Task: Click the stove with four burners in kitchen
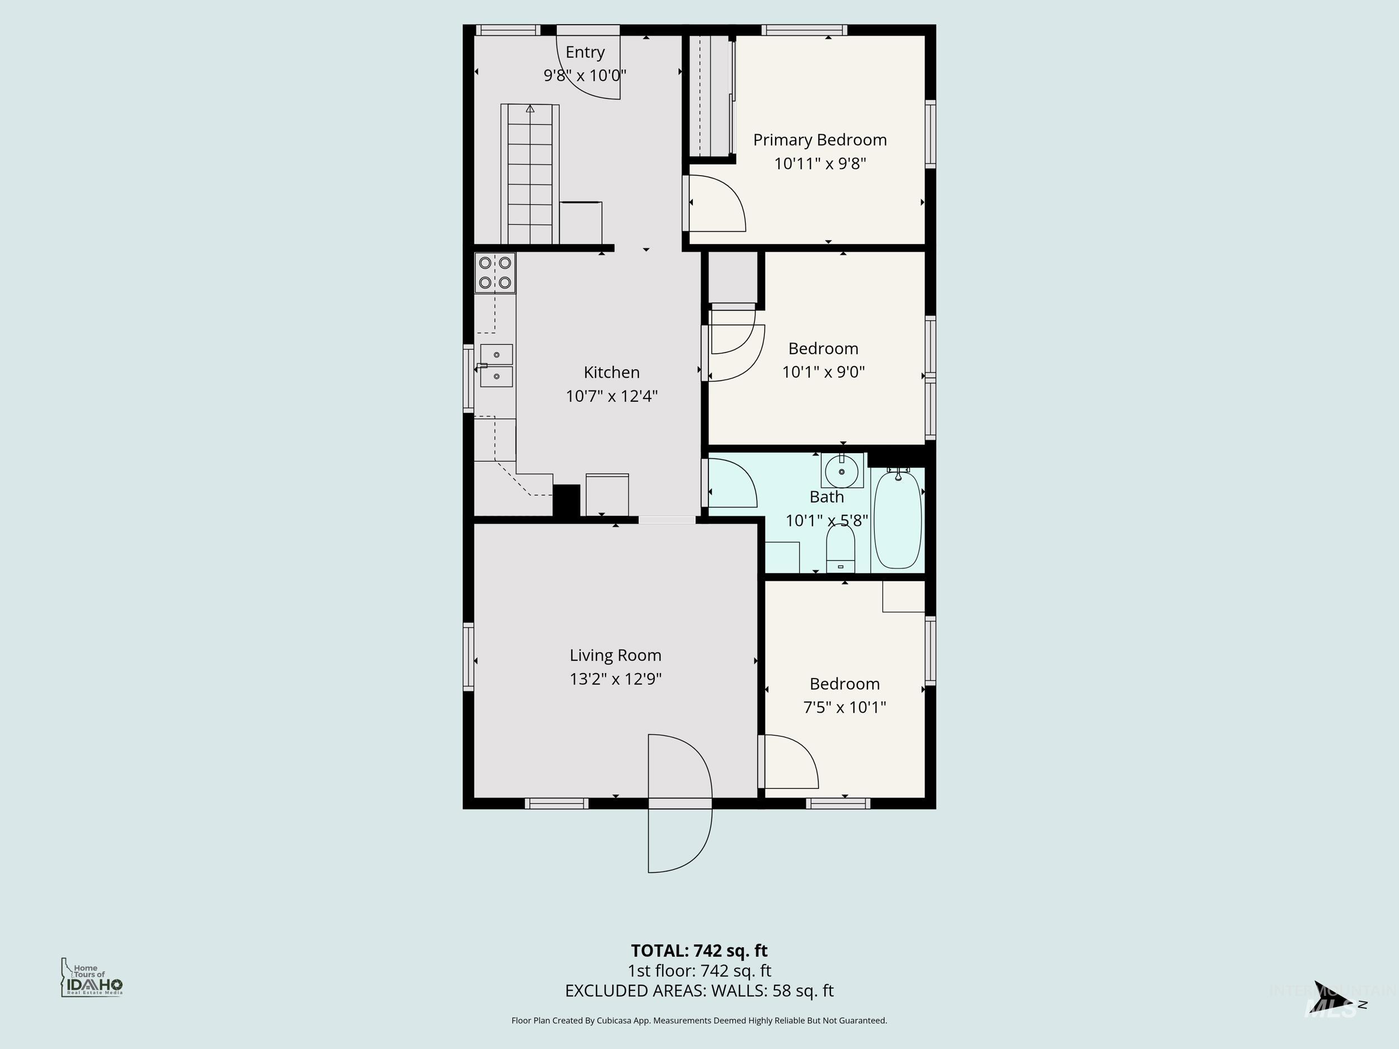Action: pyautogui.click(x=495, y=272)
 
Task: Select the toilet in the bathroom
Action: pyautogui.click(x=841, y=548)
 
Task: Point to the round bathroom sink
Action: pyautogui.click(x=842, y=471)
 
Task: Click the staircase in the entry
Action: pyautogui.click(x=530, y=174)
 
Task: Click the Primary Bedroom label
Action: pyautogui.click(x=820, y=140)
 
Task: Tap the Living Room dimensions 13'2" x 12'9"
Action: pyautogui.click(x=616, y=679)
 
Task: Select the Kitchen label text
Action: pyautogui.click(x=612, y=372)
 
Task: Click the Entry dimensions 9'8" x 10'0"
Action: pyautogui.click(x=585, y=75)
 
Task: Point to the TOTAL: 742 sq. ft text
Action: pyautogui.click(x=699, y=951)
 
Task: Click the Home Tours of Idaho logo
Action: pyautogui.click(x=92, y=977)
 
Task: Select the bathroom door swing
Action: pyautogui.click(x=732, y=484)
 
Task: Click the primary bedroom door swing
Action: pyautogui.click(x=717, y=204)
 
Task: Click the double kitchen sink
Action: pyautogui.click(x=496, y=365)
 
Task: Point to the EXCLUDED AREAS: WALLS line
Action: pyautogui.click(x=699, y=991)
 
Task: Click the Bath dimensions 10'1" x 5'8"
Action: pyautogui.click(x=826, y=520)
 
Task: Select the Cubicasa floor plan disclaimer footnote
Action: pyautogui.click(x=699, y=1020)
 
